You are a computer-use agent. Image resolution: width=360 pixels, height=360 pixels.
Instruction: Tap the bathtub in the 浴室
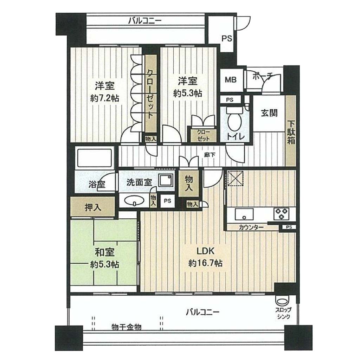tap(95, 158)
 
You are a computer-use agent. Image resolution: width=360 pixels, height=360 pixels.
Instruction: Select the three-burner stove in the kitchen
tap(281, 213)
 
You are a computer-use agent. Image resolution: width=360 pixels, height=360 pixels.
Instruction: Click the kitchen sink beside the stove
tap(244, 214)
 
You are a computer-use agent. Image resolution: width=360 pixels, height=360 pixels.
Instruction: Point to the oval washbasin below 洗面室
tap(134, 200)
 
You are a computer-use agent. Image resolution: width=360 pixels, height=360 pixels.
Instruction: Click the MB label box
tap(231, 80)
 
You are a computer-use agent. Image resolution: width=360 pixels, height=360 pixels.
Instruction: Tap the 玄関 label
tap(269, 113)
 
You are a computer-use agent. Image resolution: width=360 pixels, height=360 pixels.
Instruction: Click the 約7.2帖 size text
tap(105, 98)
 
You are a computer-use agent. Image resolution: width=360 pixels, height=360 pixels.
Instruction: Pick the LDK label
tap(205, 251)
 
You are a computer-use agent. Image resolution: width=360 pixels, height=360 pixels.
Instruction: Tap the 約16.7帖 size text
tap(205, 263)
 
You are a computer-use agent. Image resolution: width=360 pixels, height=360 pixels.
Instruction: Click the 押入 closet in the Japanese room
tap(93, 207)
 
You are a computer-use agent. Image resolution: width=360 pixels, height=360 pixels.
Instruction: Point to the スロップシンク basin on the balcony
tap(282, 301)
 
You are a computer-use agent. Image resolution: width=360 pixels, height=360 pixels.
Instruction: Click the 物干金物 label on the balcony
tap(127, 327)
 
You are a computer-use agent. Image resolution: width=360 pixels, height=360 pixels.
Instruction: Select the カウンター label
tap(251, 227)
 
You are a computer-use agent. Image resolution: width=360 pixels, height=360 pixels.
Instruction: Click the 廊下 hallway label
tap(210, 155)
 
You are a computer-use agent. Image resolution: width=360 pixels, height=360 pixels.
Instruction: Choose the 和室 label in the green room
tap(105, 252)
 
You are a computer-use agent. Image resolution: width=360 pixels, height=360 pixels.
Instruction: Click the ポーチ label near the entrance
tap(263, 76)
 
